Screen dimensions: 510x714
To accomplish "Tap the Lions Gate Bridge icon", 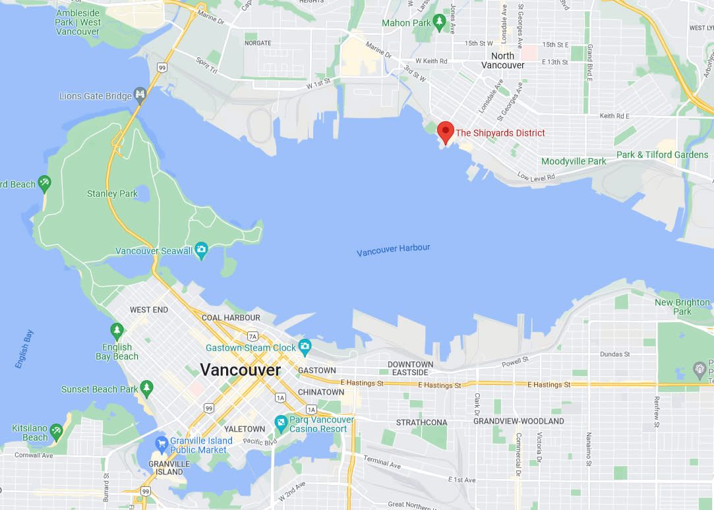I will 140,96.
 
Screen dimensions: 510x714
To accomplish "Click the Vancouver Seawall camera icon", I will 202,250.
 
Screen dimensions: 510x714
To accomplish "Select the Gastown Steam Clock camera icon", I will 305,347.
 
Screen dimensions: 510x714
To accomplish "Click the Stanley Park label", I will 112,194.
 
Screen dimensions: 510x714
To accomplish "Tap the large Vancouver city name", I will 240,370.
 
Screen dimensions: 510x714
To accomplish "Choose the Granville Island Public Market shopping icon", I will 161,441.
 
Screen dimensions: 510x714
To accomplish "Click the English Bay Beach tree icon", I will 117,329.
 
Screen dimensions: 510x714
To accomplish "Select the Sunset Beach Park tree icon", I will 146,389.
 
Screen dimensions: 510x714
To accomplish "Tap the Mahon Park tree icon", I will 439,23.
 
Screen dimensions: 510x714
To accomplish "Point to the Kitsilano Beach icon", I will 57,432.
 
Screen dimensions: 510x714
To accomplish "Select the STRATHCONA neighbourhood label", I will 421,422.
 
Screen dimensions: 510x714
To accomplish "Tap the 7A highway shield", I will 253,337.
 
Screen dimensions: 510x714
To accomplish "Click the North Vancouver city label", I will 502,61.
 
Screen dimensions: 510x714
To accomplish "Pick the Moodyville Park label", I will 574,161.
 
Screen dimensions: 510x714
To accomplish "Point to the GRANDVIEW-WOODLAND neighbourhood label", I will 518,421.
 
